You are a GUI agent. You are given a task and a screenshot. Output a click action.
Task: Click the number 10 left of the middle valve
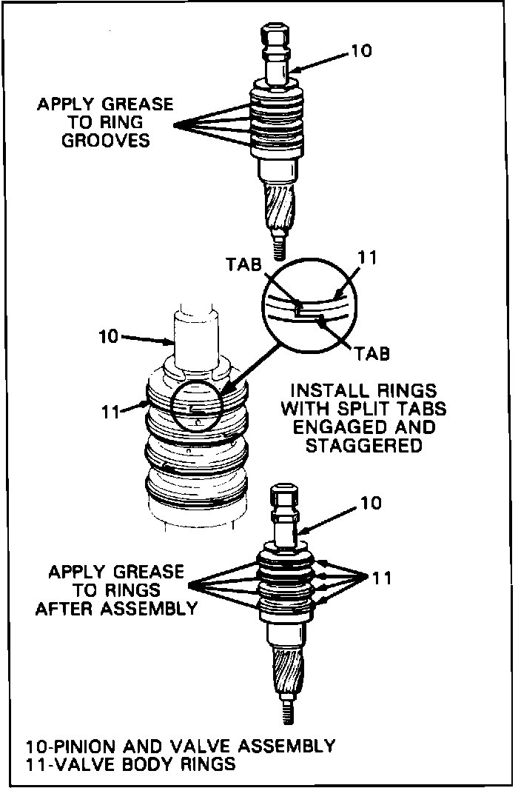pyautogui.click(x=109, y=337)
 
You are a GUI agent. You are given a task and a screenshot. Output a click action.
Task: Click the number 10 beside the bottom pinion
pyautogui.click(x=371, y=503)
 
